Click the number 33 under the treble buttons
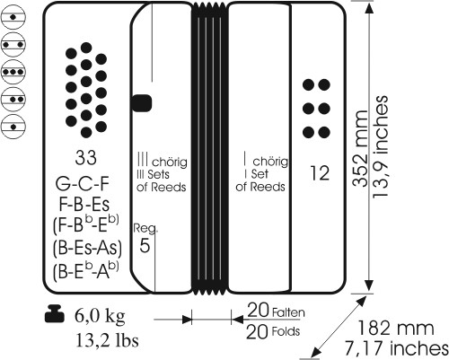pos(86,158)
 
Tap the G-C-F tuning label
pos(82,183)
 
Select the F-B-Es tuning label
pos(84,205)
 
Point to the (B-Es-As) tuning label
pos(87,248)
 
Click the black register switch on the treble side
pos(142,103)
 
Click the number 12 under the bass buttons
pos(320,173)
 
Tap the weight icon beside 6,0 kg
pos(55,313)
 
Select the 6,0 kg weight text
pos(100,316)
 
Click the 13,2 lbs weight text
pos(107,340)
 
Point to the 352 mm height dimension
pos(360,149)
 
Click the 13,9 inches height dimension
pos(380,146)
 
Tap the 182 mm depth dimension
pos(395,328)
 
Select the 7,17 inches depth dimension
pos(396,348)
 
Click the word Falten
pos(288,312)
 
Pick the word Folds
pos(286,331)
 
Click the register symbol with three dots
pos(13,72)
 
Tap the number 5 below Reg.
pos(145,245)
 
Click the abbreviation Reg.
pos(145,228)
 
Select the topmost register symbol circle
pos(13,17)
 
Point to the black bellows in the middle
pos(209,148)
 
